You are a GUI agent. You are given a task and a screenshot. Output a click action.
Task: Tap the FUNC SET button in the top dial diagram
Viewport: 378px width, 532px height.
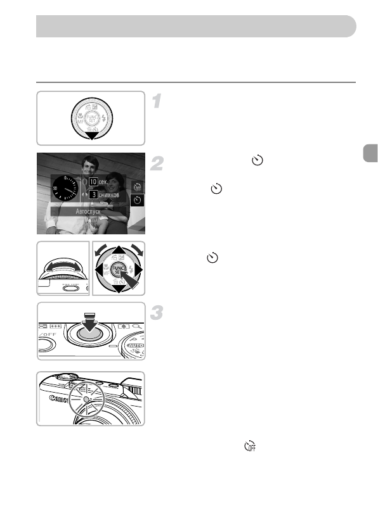tap(90, 118)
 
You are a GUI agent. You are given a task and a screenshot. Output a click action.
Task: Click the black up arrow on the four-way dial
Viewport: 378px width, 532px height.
tap(119, 248)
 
